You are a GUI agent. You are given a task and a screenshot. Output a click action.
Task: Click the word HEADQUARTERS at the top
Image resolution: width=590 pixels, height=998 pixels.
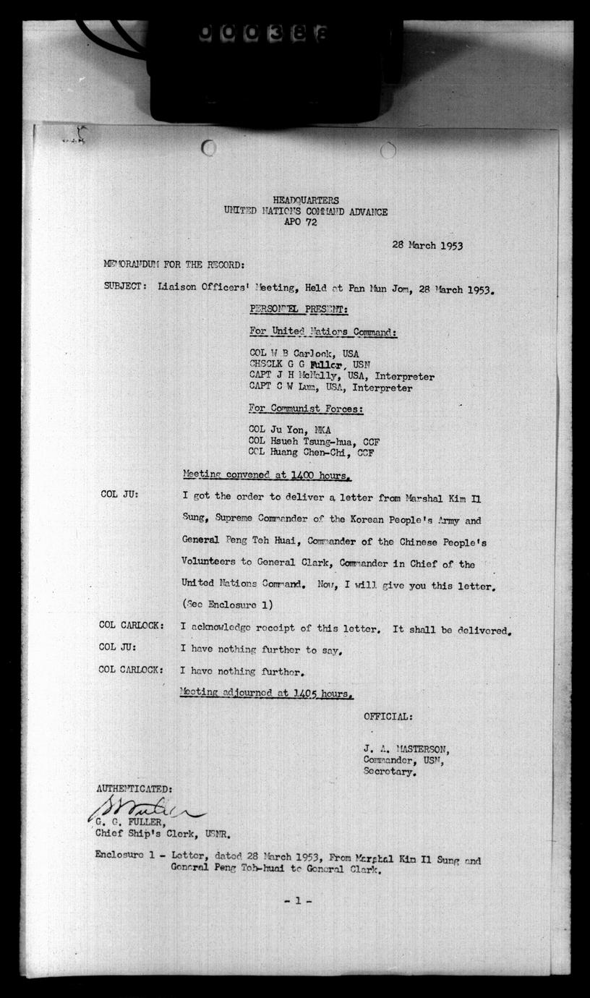(x=306, y=200)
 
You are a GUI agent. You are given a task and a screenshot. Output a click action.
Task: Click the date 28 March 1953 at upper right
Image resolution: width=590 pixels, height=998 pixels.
(x=427, y=244)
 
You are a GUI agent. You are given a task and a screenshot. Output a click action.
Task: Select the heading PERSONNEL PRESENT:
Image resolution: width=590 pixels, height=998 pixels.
(x=299, y=310)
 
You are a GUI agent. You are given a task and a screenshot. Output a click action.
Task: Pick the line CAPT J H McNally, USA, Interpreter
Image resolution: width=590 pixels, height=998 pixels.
(x=341, y=377)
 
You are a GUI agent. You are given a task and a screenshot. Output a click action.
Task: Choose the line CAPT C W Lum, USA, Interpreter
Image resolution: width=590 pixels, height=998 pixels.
(x=330, y=388)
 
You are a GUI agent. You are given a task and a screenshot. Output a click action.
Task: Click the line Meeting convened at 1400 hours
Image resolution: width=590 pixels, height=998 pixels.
(x=267, y=476)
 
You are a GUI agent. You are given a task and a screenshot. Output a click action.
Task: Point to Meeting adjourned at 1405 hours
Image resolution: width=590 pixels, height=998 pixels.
(x=267, y=693)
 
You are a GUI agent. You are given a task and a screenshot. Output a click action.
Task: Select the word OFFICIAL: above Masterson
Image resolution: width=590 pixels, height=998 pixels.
(x=388, y=716)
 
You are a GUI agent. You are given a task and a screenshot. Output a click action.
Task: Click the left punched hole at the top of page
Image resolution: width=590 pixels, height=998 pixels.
(x=209, y=149)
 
